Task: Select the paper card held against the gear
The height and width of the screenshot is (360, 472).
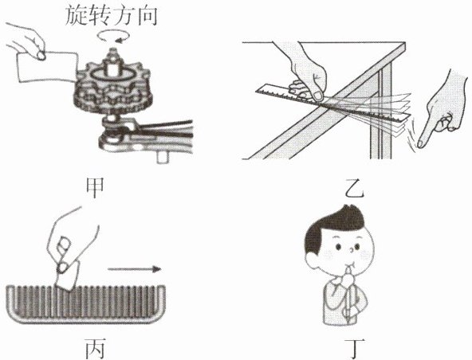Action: click(47, 68)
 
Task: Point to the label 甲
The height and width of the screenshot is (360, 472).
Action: click(95, 188)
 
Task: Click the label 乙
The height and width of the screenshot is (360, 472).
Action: click(355, 190)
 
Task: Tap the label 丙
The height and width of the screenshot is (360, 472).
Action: click(95, 349)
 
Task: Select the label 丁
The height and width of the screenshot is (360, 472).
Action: click(356, 349)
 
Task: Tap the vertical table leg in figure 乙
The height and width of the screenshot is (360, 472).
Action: click(381, 112)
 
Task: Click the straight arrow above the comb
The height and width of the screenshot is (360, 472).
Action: click(134, 269)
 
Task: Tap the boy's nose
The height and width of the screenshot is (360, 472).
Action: click(351, 249)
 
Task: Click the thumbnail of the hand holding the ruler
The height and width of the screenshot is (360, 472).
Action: click(317, 96)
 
